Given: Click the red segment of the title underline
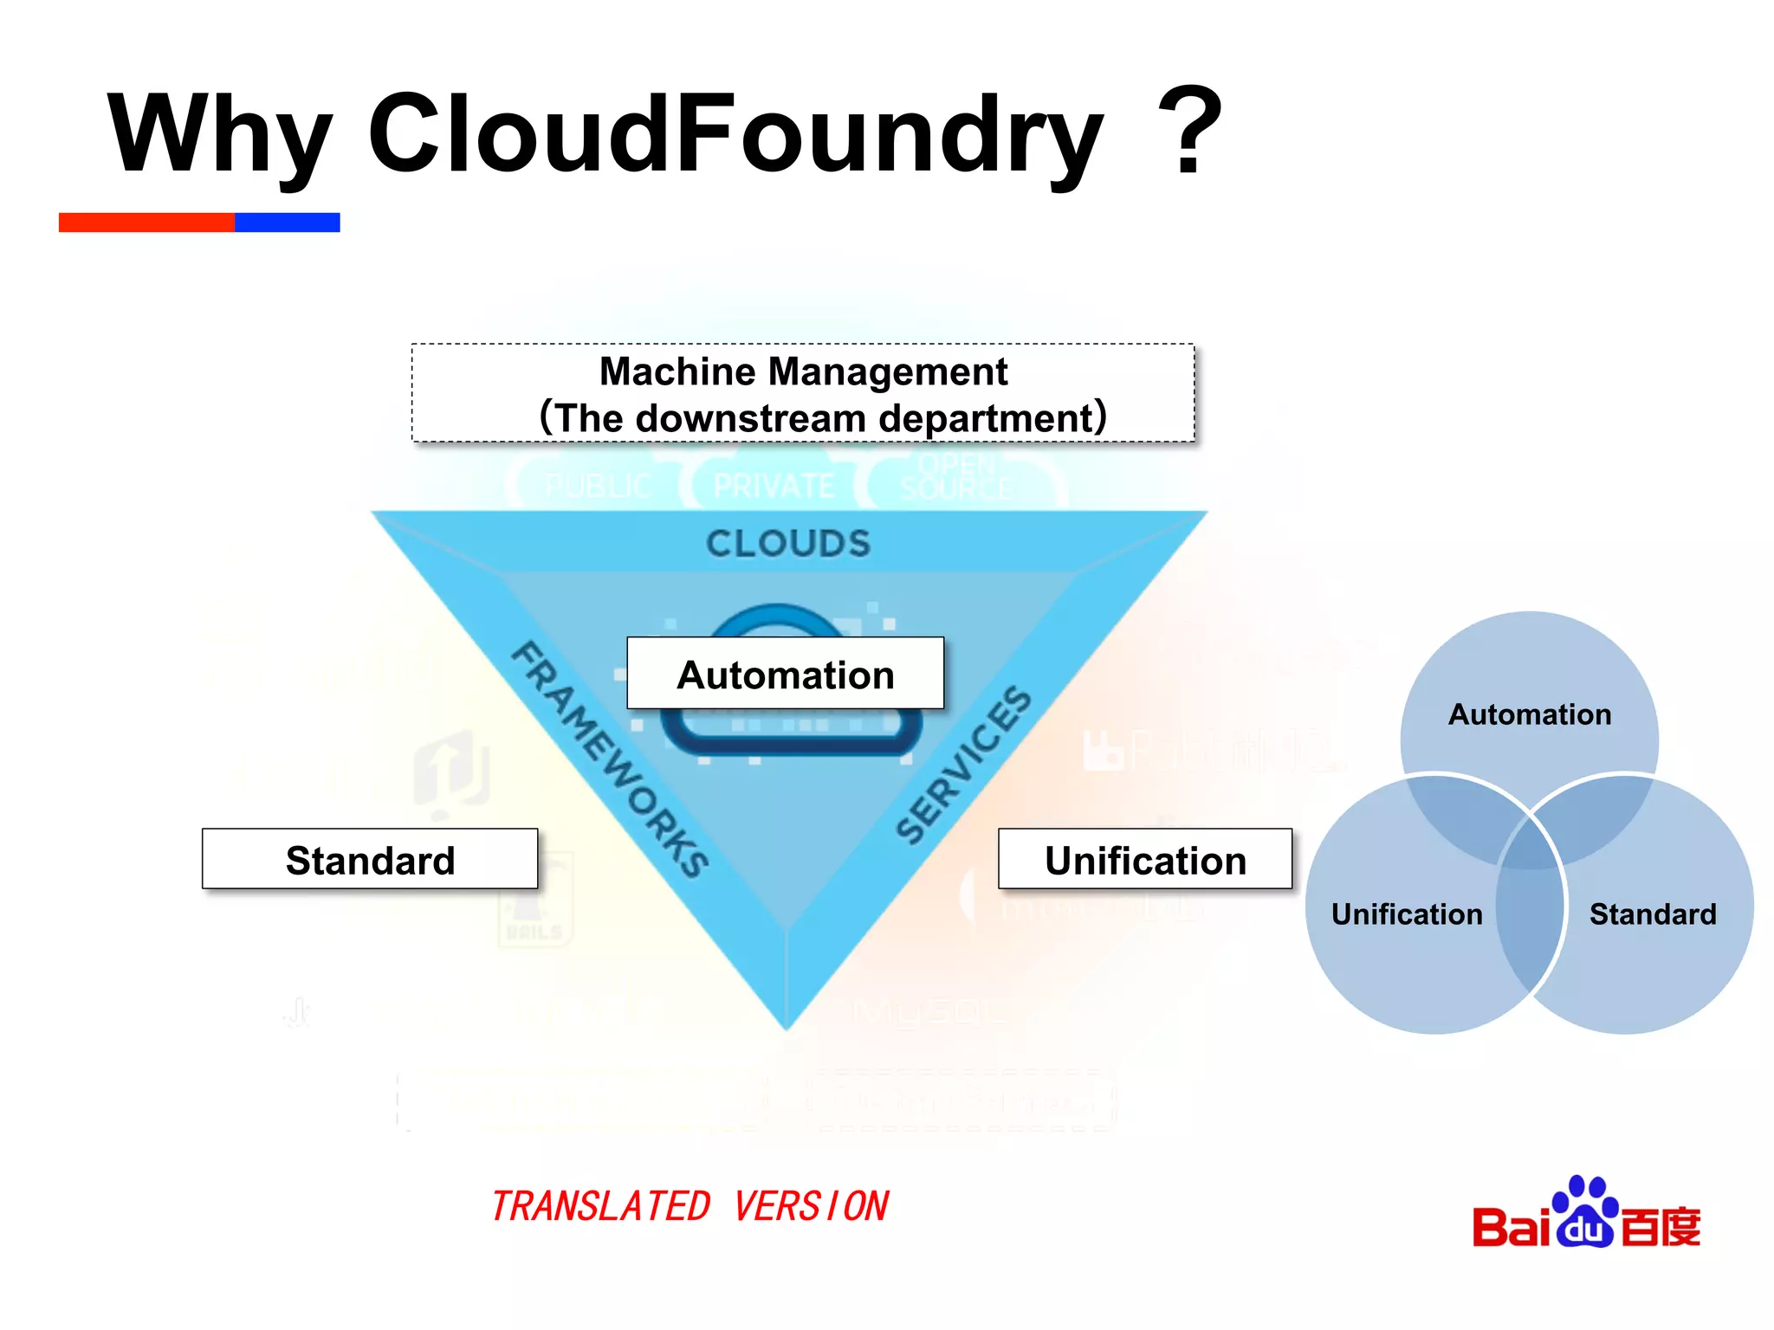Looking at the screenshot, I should coord(146,223).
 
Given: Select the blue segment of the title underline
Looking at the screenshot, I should coord(287,223).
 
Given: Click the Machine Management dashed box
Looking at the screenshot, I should coord(803,393).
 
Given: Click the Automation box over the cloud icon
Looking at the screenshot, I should coord(785,675).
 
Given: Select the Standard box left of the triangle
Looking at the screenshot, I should coord(370,860).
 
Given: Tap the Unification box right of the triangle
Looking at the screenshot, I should coord(1144,860).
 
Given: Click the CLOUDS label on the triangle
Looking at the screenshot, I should coord(787,544).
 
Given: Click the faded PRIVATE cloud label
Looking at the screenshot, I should coord(774,486).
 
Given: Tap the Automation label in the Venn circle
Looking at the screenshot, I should coord(1530,714).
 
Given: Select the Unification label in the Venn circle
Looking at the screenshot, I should coord(1406,914).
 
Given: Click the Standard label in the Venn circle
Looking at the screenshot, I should coord(1652,914).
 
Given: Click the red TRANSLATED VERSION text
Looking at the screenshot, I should coord(690,1206).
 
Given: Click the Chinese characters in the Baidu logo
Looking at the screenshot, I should coord(1660,1226).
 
